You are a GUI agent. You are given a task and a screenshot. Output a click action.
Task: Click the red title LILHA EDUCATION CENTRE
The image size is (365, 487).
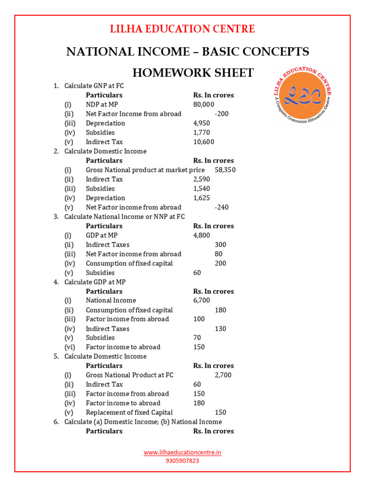[x=182, y=29]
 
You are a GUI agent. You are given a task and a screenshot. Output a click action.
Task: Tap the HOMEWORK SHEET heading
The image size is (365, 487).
[x=192, y=73]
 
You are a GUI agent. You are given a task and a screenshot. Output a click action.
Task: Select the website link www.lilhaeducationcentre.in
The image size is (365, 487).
[x=182, y=453]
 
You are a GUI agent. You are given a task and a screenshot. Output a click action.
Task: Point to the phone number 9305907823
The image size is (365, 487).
[x=182, y=460]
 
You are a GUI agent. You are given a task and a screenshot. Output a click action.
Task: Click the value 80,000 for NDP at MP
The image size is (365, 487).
[x=204, y=104]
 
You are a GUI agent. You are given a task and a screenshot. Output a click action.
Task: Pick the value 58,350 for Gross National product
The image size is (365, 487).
[x=225, y=170]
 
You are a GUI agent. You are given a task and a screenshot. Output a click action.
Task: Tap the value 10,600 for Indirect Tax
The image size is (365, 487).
[x=204, y=142]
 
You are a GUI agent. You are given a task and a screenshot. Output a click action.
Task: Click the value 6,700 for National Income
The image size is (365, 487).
[x=202, y=300]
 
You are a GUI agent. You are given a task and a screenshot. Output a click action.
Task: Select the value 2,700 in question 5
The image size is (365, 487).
[x=223, y=375]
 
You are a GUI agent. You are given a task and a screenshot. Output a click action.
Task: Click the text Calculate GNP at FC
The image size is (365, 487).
[x=94, y=86]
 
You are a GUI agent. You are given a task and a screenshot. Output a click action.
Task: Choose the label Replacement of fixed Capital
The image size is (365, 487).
[x=129, y=412]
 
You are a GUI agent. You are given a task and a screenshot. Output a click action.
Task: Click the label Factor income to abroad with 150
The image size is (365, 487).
[x=123, y=347]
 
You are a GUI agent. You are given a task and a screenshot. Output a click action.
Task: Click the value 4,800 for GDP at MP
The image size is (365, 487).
[x=202, y=235]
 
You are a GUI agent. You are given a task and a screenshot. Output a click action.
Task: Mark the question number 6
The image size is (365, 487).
[x=56, y=422]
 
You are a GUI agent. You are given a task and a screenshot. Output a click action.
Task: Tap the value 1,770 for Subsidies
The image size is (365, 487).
[x=202, y=132]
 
